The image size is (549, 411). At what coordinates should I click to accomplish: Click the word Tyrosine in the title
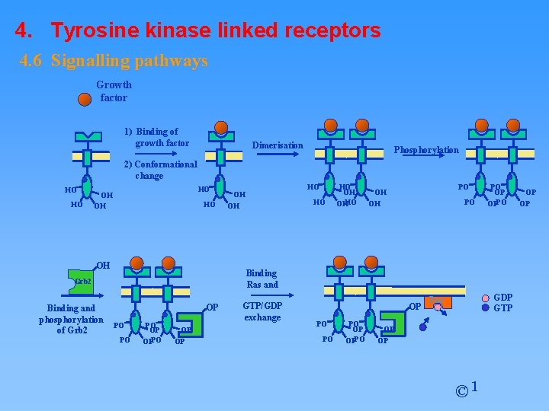tap(95, 30)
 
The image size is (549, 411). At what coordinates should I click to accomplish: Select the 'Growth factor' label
tap(114, 91)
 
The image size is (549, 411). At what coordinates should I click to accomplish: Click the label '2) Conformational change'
tap(159, 170)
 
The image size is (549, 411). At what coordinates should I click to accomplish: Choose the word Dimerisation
tap(278, 145)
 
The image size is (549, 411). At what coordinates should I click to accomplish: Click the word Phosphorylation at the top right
tap(425, 150)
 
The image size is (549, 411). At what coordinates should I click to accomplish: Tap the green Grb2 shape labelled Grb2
tap(81, 282)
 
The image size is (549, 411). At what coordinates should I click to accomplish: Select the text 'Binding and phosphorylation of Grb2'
tap(71, 319)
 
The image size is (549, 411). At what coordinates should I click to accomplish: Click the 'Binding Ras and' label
tap(262, 279)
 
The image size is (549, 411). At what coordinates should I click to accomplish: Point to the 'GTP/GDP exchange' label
tap(262, 311)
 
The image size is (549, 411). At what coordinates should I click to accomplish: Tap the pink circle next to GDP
tap(486, 298)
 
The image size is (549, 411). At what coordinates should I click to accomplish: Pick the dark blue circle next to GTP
tap(486, 308)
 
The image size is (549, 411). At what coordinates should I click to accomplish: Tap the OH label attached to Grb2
tap(103, 266)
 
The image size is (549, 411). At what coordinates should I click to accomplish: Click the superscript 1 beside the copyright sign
tap(475, 387)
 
